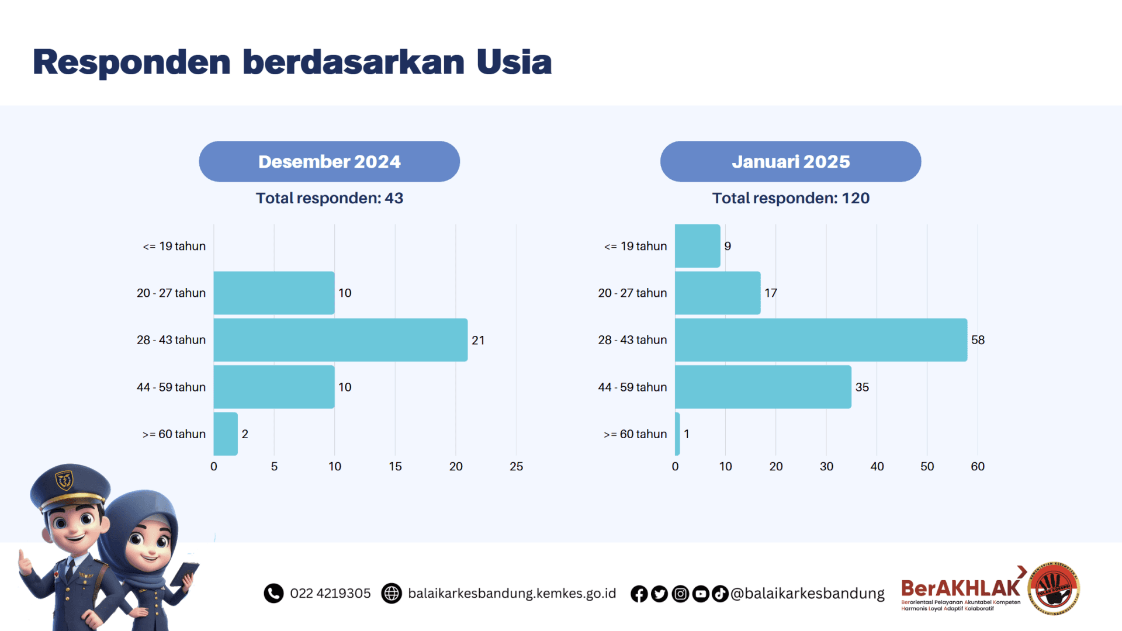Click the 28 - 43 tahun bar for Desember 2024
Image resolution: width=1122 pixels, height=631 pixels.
pyautogui.click(x=340, y=340)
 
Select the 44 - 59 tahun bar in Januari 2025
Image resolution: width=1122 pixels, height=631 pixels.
pyautogui.click(x=763, y=387)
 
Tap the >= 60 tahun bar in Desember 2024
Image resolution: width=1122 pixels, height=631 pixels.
pyautogui.click(x=226, y=434)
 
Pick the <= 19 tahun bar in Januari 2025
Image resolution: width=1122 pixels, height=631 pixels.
pyautogui.click(x=697, y=246)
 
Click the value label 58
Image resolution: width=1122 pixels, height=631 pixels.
pyautogui.click(x=978, y=340)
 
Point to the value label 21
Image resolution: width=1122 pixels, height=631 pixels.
pyautogui.click(x=478, y=340)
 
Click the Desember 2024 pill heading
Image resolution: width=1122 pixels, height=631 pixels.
pyautogui.click(x=329, y=161)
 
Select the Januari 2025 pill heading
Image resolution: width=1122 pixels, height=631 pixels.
pyautogui.click(x=790, y=161)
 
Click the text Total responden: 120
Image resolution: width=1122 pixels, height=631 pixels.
pyautogui.click(x=790, y=198)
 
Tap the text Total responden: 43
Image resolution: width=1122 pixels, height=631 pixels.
pyautogui.click(x=329, y=198)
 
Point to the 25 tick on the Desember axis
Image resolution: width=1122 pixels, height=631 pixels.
pyautogui.click(x=516, y=466)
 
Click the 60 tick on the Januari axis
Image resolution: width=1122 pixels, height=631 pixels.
pyautogui.click(x=977, y=466)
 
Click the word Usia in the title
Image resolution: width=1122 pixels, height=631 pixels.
pyautogui.click(x=514, y=62)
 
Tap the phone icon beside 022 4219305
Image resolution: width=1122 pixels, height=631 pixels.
pyautogui.click(x=273, y=593)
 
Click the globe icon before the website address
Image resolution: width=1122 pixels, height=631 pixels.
pyautogui.click(x=391, y=593)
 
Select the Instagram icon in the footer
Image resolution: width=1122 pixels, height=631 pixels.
pyautogui.click(x=680, y=594)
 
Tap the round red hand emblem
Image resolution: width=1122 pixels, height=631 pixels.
pyautogui.click(x=1054, y=589)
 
